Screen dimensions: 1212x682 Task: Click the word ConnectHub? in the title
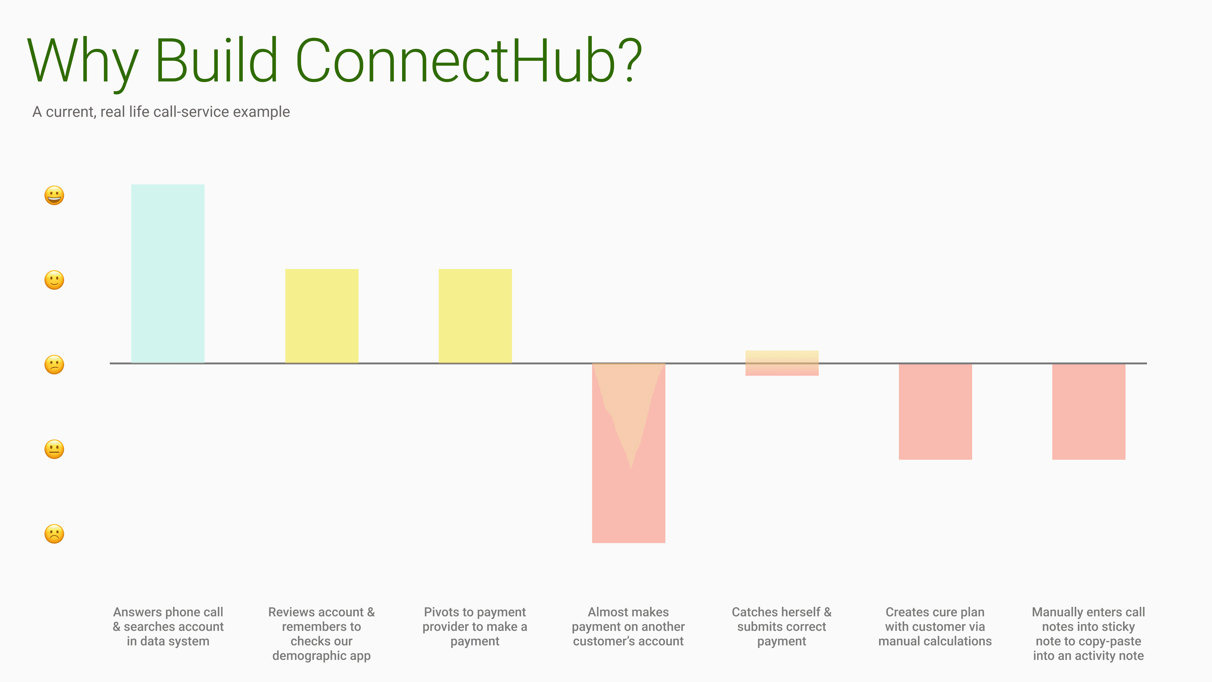(x=469, y=61)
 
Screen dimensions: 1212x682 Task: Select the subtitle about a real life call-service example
(x=161, y=112)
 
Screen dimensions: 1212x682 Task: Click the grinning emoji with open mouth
(x=54, y=195)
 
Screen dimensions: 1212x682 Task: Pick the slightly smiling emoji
(x=54, y=280)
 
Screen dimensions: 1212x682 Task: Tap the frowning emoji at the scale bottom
(x=54, y=534)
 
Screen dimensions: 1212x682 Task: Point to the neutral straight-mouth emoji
(x=54, y=449)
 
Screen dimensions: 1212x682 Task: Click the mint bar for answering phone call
(x=168, y=273)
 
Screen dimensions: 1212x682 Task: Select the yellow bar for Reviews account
(x=322, y=316)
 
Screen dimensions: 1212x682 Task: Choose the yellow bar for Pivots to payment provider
(x=475, y=316)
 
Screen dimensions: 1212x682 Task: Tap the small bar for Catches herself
(x=782, y=363)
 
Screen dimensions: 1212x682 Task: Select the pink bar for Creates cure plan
(x=935, y=411)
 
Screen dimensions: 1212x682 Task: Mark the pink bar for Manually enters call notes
(x=1089, y=411)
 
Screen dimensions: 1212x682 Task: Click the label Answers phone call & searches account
(x=168, y=626)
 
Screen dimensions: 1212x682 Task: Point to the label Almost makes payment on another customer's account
(x=629, y=626)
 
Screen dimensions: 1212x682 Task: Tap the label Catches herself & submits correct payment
(x=782, y=626)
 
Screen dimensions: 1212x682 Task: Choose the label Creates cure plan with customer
(x=935, y=626)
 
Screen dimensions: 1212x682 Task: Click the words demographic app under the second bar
(x=322, y=656)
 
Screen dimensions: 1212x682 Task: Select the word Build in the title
(x=217, y=61)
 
